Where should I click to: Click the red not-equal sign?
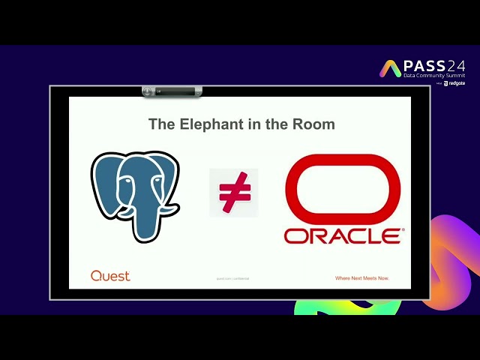pos(233,193)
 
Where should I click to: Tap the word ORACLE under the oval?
pos(343,236)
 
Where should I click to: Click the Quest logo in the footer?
pos(110,276)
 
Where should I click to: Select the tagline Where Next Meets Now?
pos(362,278)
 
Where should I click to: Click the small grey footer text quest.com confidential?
pos(232,278)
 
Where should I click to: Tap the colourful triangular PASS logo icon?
pos(391,69)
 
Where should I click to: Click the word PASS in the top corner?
pos(424,66)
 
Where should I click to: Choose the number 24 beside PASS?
pos(456,66)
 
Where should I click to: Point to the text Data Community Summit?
pos(433,76)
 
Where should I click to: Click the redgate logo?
pos(455,84)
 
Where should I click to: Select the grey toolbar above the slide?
pos(172,91)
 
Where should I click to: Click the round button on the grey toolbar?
pos(148,91)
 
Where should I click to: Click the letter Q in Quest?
pos(96,276)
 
